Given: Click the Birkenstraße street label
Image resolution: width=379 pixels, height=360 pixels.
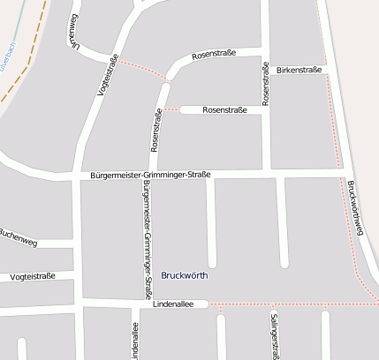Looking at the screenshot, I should click(296, 69).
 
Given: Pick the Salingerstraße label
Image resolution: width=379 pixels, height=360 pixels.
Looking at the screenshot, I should click(275, 335).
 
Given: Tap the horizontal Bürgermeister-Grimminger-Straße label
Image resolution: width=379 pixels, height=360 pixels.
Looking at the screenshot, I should click(150, 175).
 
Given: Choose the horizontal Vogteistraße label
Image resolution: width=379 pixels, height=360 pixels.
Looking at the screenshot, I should click(33, 276).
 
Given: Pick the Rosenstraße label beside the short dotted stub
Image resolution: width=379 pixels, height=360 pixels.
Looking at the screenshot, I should click(224, 109).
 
